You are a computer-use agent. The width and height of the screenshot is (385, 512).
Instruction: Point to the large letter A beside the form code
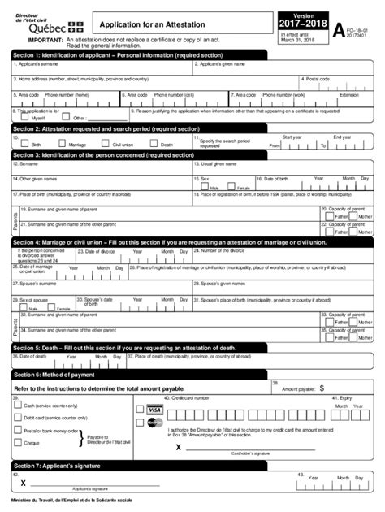pyautogui.click(x=339, y=31)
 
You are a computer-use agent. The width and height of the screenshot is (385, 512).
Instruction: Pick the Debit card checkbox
pyautogui.click(x=18, y=417)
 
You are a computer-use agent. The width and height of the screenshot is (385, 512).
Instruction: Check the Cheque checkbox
pyautogui.click(x=18, y=443)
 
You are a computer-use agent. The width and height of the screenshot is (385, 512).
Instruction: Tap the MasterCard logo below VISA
pyautogui.click(x=154, y=423)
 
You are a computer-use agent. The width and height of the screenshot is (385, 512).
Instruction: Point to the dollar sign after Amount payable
pyautogui.click(x=321, y=389)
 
